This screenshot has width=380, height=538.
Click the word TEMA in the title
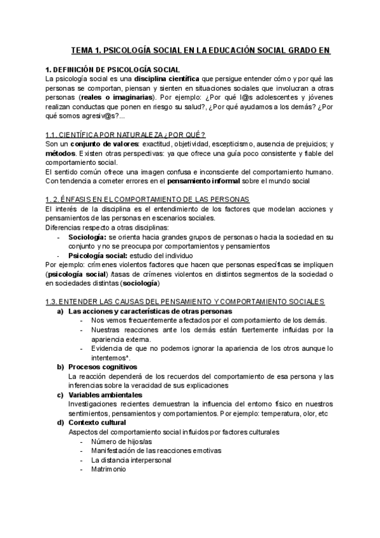(x=81, y=50)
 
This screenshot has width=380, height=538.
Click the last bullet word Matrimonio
(x=108, y=469)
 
